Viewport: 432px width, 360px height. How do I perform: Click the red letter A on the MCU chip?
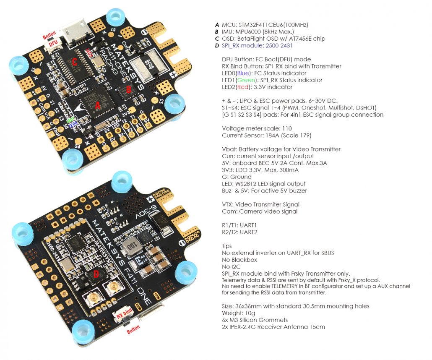98,106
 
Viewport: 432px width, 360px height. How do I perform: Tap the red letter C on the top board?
75,62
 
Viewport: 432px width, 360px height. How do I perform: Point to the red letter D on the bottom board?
96,274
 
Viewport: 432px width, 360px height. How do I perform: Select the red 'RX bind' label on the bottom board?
125,313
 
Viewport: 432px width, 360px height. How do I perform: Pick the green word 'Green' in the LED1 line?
247,80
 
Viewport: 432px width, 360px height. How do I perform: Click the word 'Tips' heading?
226,246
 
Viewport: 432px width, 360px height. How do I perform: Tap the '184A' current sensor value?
270,136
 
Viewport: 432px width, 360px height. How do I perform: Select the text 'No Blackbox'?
238,260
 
